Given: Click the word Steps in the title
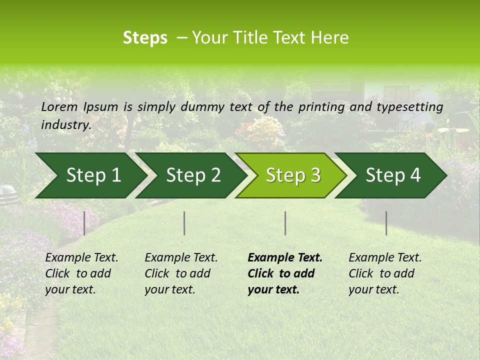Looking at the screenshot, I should click(145, 38).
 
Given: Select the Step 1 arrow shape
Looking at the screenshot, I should click(90, 175).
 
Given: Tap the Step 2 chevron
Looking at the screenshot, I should click(193, 175).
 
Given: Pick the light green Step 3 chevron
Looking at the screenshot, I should click(292, 175).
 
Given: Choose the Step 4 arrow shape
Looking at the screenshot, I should click(393, 175).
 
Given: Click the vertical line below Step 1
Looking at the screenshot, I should click(84, 223).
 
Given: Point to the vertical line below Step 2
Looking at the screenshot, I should click(184, 223).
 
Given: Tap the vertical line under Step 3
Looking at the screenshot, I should click(285, 223).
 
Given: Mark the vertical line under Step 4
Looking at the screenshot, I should click(386, 223).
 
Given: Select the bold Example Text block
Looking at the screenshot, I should click(285, 273).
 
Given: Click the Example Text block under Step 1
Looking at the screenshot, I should click(81, 273).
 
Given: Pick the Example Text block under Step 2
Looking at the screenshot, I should click(181, 273).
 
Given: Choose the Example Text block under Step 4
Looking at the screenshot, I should click(385, 273).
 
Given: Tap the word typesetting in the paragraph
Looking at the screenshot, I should click(409, 106).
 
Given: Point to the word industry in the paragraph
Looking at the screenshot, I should click(66, 124).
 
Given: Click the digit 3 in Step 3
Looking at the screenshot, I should click(315, 175).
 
